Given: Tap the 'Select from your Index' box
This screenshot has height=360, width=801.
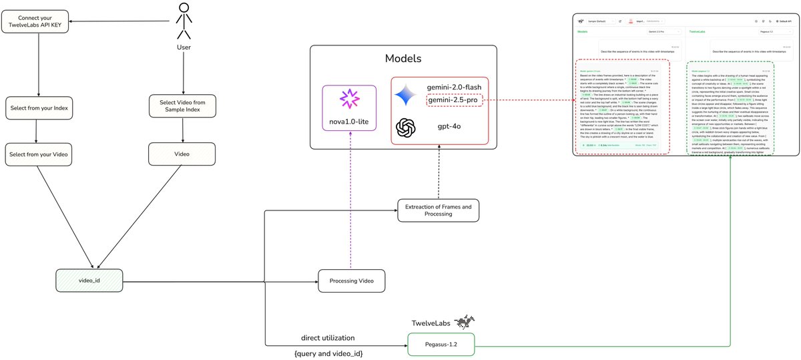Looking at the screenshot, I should [38, 106].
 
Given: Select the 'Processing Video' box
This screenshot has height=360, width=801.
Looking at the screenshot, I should [351, 281].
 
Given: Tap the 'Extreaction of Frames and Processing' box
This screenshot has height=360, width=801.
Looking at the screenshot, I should [439, 210].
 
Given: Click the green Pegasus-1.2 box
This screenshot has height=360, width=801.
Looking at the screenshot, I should [441, 345].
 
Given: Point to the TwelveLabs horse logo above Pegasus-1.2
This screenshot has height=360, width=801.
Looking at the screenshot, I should [465, 323].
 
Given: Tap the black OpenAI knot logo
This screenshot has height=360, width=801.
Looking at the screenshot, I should [407, 128].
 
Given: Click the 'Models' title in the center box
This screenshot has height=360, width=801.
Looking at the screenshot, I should [403, 58].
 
